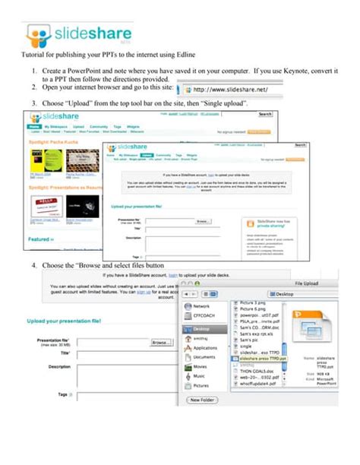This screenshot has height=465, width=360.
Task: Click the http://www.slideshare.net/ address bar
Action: coord(235,89)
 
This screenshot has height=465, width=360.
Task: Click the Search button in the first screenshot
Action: coord(265,114)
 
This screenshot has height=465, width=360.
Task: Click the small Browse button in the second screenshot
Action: coord(202,221)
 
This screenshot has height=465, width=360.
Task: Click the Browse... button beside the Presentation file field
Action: coord(161,343)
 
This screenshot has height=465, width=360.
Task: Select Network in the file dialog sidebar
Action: coord(201,305)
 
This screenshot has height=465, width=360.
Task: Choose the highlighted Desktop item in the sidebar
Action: coord(201,329)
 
